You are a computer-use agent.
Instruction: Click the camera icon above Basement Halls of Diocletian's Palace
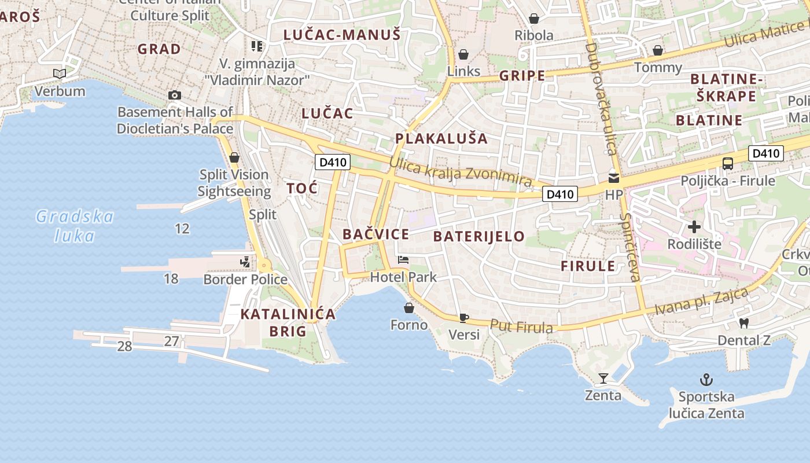point(174,95)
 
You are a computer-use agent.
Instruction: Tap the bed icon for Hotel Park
point(403,260)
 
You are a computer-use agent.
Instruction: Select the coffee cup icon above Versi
point(463,317)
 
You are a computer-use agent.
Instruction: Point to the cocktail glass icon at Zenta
point(603,379)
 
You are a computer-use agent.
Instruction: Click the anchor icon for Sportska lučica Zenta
point(706,380)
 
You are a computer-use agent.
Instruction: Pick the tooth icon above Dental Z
point(744,323)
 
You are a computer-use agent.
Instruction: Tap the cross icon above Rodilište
point(694,227)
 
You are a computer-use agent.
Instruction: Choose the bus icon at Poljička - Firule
point(728,164)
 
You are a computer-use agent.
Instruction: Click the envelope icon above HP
point(613,178)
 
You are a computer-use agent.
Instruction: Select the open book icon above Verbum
point(59,74)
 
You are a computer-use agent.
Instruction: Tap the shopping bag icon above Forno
point(409,308)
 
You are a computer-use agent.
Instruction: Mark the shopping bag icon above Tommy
point(658,50)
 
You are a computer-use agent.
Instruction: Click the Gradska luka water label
point(75,226)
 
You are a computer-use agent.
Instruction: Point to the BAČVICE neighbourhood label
point(375,234)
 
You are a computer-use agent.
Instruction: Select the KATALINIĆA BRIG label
point(288,322)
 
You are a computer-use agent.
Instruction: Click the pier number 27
point(171,341)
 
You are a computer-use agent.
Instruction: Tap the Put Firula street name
point(521,326)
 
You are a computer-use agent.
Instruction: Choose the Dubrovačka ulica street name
point(602,98)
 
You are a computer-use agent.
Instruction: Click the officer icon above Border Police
point(245,262)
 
